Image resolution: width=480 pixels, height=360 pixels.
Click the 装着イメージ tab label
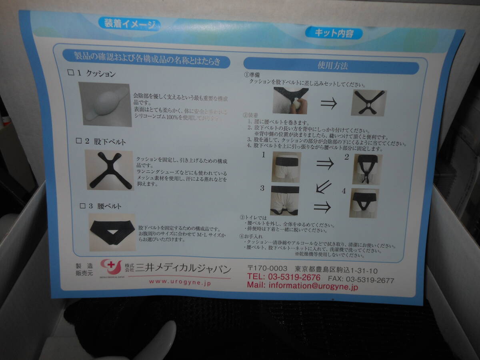pos(129,24)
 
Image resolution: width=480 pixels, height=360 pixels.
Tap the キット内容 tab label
pos(334,33)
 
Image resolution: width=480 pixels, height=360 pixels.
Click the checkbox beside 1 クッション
pos(71,73)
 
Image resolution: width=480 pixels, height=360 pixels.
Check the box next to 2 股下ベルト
pos(78,141)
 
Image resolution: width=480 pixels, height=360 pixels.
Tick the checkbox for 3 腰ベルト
pos(82,206)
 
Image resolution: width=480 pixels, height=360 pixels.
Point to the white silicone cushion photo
pos(105,104)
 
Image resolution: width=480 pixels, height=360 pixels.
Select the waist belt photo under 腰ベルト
pos(112,232)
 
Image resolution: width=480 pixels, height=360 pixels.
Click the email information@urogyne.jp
pos(302,286)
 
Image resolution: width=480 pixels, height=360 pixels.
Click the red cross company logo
pos(111,266)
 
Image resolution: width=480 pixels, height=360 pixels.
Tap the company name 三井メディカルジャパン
pos(183,268)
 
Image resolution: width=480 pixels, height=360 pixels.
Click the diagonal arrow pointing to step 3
pos(323,186)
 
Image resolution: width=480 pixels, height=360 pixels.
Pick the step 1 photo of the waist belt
pos(286,166)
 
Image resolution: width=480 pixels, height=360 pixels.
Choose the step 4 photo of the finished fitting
pos(364,203)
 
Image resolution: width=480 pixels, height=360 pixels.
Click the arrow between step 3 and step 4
pos(322,207)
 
